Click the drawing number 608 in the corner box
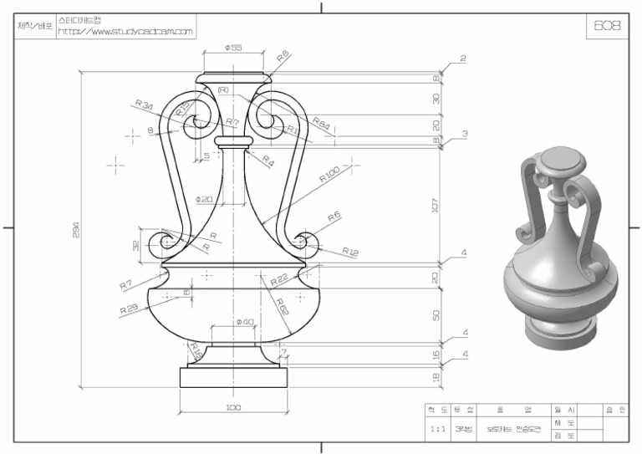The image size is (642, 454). [607, 26]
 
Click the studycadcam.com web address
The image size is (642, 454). [125, 32]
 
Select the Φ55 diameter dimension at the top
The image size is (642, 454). [233, 48]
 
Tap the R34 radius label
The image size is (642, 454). [144, 105]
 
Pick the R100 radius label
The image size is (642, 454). [329, 177]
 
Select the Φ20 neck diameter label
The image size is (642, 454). [204, 199]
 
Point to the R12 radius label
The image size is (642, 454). [349, 252]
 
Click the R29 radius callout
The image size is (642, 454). [129, 309]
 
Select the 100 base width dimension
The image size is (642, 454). [233, 407]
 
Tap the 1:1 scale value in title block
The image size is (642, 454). [437, 427]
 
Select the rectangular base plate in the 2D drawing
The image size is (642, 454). [233, 377]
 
